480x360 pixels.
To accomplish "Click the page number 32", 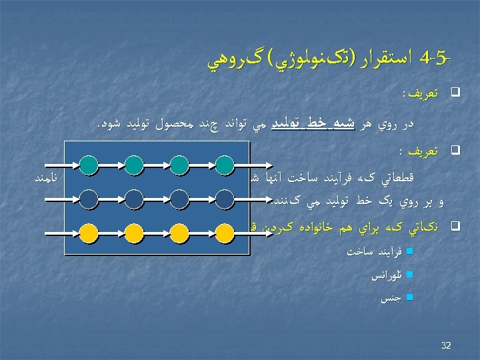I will coord(446,345).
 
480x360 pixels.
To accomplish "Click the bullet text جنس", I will coord(389,299).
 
